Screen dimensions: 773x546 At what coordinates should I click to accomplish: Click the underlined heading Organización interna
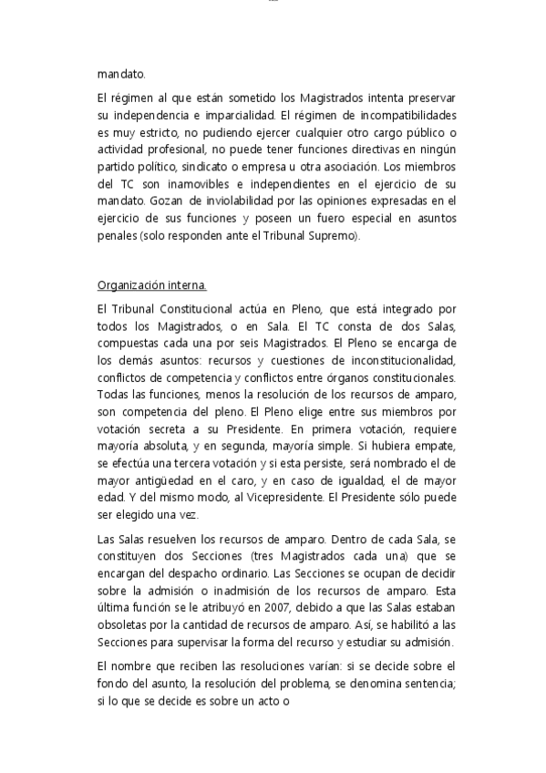(x=152, y=284)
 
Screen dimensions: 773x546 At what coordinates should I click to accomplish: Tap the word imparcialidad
(x=236, y=115)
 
